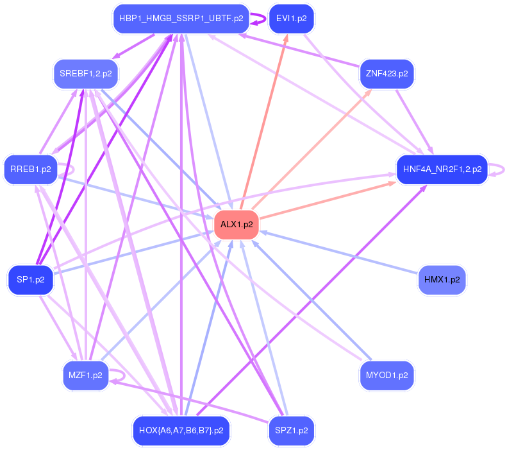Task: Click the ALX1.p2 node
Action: [x=237, y=225]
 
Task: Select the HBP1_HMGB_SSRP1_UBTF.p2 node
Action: [x=181, y=19]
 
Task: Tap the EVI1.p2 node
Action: [x=291, y=19]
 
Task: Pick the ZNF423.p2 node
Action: [x=386, y=74]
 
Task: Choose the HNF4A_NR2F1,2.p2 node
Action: [x=442, y=169]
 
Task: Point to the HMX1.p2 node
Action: [x=442, y=280]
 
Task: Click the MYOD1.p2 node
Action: [x=386, y=375]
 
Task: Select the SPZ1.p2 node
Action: [x=291, y=430]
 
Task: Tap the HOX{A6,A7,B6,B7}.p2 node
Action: [x=181, y=430]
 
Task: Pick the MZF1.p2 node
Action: [x=85, y=375]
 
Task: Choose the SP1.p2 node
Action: [x=30, y=280]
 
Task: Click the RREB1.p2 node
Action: [x=30, y=169]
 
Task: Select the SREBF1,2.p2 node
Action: [x=85, y=74]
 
